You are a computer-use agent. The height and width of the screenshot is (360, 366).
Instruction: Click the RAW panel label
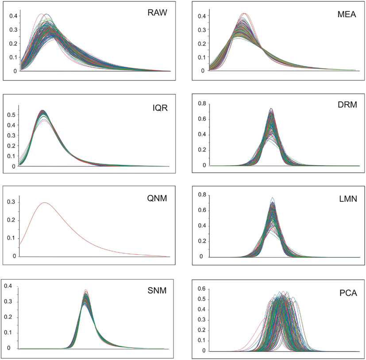coord(157,12)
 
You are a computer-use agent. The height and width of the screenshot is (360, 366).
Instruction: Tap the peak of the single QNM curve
coord(45,202)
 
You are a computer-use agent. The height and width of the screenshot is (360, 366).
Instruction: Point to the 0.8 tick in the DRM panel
coord(203,103)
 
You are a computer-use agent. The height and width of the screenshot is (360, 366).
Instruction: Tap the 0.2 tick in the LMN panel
coord(203,241)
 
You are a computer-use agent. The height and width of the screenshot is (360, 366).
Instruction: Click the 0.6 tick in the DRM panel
coord(203,119)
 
